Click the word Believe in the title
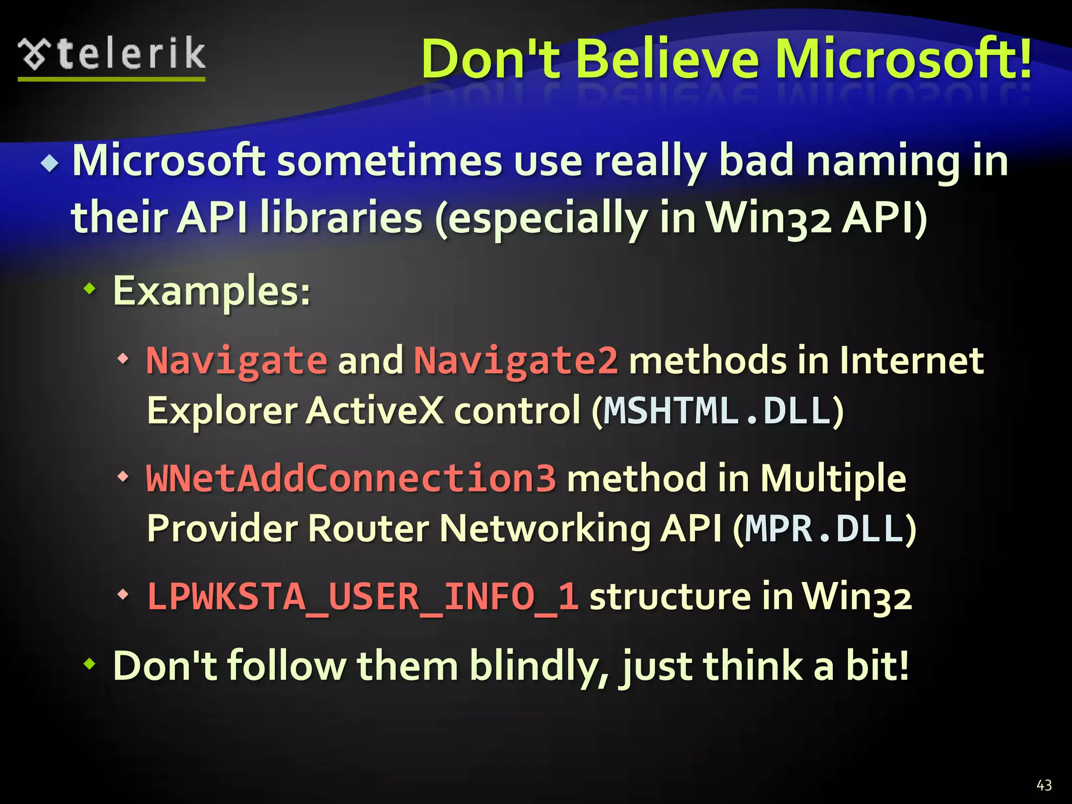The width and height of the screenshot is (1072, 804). point(667,59)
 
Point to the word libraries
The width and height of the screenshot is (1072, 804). point(341,218)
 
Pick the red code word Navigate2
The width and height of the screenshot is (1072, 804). point(516,361)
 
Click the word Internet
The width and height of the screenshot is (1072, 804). point(911,361)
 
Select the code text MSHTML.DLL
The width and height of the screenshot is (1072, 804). point(717,411)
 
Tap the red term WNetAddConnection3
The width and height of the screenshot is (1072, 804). point(351,478)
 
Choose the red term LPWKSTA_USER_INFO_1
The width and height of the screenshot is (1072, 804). point(362,597)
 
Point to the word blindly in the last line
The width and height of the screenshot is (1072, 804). point(539,666)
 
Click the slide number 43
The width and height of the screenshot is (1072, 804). point(1044,785)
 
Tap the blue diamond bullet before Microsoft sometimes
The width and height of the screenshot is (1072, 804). point(50,164)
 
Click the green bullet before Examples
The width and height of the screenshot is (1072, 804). point(90,288)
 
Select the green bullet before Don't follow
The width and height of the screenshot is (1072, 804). point(90,664)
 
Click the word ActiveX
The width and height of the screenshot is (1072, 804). point(375,411)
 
